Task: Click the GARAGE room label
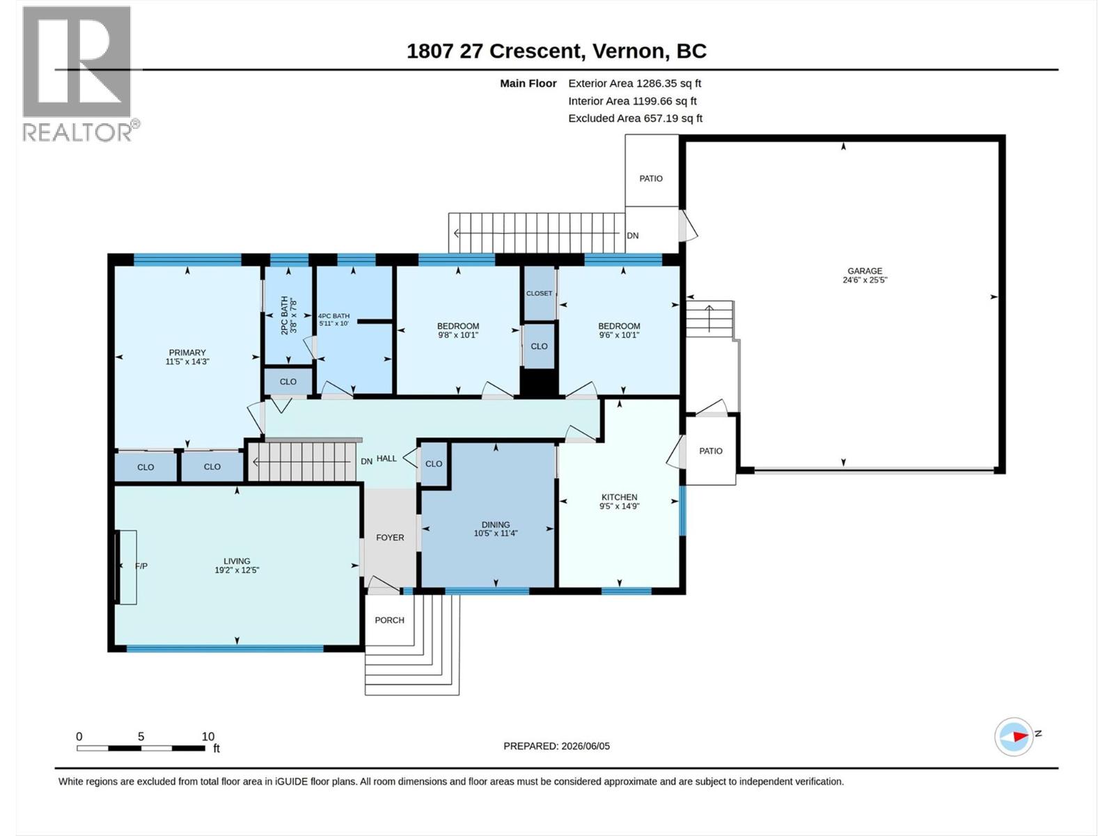(865, 271)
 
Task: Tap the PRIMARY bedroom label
(187, 353)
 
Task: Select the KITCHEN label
(619, 497)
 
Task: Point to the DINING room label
(496, 525)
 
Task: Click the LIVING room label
(237, 562)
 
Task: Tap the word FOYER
(391, 538)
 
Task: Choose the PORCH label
(390, 620)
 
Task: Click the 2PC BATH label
(284, 315)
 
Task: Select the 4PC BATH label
(334, 316)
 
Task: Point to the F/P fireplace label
(141, 566)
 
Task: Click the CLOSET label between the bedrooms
(539, 293)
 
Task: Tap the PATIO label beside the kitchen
(711, 451)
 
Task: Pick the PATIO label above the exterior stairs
(651, 178)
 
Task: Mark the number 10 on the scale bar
(208, 736)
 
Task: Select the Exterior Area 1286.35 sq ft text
(635, 83)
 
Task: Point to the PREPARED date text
(557, 746)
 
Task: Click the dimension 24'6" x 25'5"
(865, 279)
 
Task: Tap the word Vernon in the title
(631, 52)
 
